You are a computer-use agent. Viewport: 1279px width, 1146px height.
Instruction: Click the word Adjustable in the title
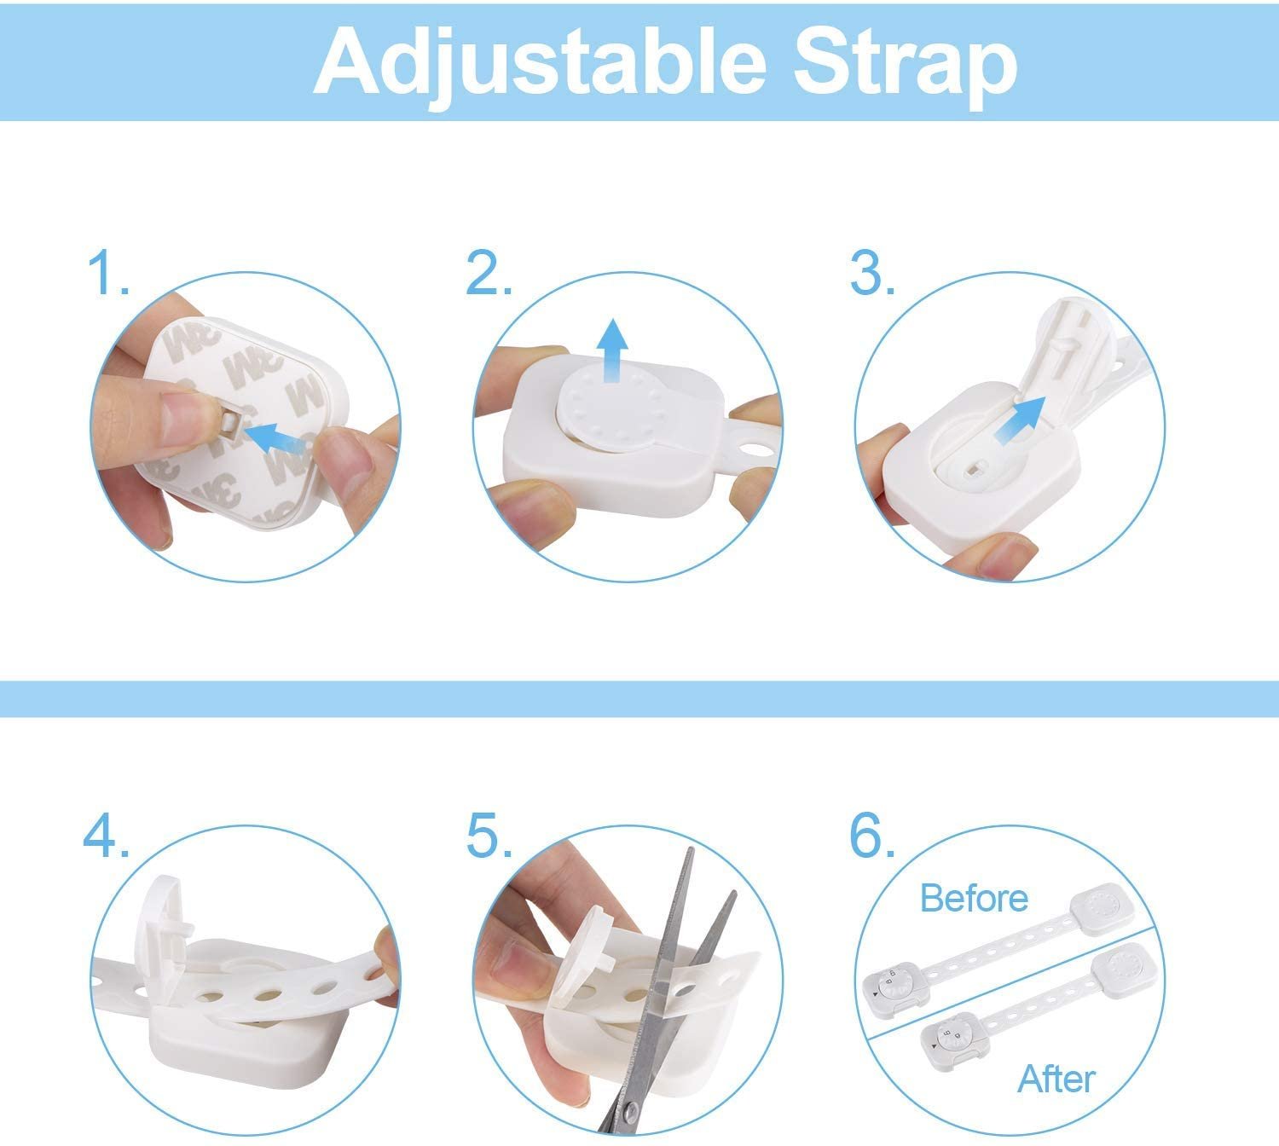[539, 63]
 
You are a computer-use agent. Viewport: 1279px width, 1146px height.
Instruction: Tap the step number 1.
[107, 273]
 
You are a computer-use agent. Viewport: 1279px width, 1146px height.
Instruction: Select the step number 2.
[488, 273]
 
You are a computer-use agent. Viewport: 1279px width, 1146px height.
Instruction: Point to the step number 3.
[872, 273]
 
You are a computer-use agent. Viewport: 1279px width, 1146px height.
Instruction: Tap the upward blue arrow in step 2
[614, 350]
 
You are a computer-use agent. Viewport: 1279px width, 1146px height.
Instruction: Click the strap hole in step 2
[754, 451]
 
